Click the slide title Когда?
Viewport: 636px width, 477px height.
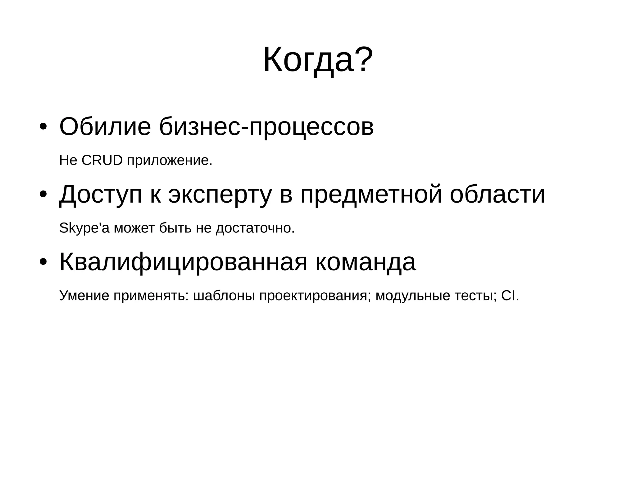click(318, 60)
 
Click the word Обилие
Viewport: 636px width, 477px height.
click(105, 127)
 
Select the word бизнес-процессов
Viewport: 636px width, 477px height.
click(266, 127)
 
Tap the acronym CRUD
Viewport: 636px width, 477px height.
click(102, 161)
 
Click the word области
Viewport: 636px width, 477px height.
click(497, 194)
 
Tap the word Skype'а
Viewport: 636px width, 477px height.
click(84, 228)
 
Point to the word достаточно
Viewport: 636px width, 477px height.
click(255, 228)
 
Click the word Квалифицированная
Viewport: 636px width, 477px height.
click(183, 262)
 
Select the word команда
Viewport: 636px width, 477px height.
click(366, 262)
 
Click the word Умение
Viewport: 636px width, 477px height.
click(84, 296)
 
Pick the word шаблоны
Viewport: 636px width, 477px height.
click(224, 296)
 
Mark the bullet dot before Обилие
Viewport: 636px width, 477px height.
click(43, 127)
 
